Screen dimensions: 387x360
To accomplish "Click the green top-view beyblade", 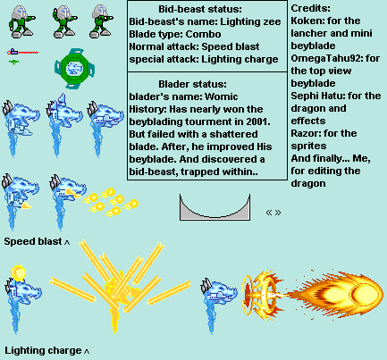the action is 75,69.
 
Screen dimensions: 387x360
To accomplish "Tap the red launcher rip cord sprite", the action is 23,53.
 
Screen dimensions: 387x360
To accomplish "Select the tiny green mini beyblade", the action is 13,62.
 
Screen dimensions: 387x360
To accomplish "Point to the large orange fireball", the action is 335,294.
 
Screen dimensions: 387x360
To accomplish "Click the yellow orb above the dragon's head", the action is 18,273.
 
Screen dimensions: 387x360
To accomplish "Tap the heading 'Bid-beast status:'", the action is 200,9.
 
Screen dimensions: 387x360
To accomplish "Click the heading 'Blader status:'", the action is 192,84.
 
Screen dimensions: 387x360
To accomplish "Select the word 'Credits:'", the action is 310,8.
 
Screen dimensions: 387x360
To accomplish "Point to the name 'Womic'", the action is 222,96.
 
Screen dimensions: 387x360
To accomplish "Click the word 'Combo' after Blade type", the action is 203,34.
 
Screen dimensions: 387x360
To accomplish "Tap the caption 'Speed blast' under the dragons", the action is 33,241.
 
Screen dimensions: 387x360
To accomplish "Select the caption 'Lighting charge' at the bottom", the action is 43,350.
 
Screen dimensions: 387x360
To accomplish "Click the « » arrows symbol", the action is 273,213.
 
